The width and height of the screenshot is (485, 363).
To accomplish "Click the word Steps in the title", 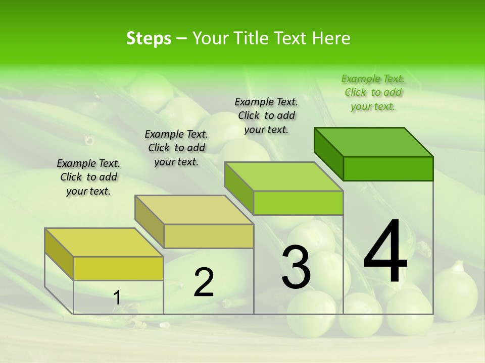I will coord(149,38).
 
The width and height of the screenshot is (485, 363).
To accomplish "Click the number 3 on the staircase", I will coord(296,267).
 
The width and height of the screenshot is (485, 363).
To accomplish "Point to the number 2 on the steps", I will coord(204,282).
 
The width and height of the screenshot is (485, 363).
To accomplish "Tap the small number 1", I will coord(117,298).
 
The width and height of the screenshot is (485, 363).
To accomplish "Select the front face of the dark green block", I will coord(388,168).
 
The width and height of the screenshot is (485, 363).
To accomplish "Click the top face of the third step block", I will coord(283,176).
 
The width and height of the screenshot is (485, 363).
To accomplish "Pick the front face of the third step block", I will coord(298,203).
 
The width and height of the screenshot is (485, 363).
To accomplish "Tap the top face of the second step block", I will coord(193,210).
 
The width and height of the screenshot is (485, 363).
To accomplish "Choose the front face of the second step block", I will coord(209,236).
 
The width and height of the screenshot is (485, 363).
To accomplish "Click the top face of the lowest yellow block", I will coord(104,243).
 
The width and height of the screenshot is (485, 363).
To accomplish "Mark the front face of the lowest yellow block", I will coord(118,268).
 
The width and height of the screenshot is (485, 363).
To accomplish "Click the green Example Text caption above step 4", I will coord(373,92).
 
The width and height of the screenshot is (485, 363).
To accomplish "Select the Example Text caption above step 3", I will coord(266,115).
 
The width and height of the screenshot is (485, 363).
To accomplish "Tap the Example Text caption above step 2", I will coord(176,148).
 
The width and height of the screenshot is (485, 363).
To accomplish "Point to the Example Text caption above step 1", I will coord(88,177).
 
